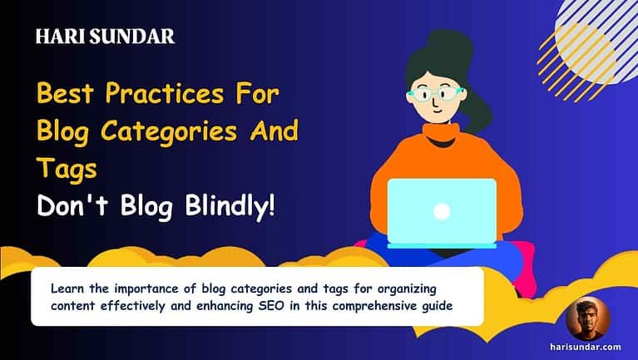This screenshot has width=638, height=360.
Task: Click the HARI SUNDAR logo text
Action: tap(106, 37)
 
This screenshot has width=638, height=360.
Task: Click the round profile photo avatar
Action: tap(588, 319)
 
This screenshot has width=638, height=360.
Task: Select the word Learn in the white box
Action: tap(67, 288)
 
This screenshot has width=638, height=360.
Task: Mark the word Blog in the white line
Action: tap(141, 205)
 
